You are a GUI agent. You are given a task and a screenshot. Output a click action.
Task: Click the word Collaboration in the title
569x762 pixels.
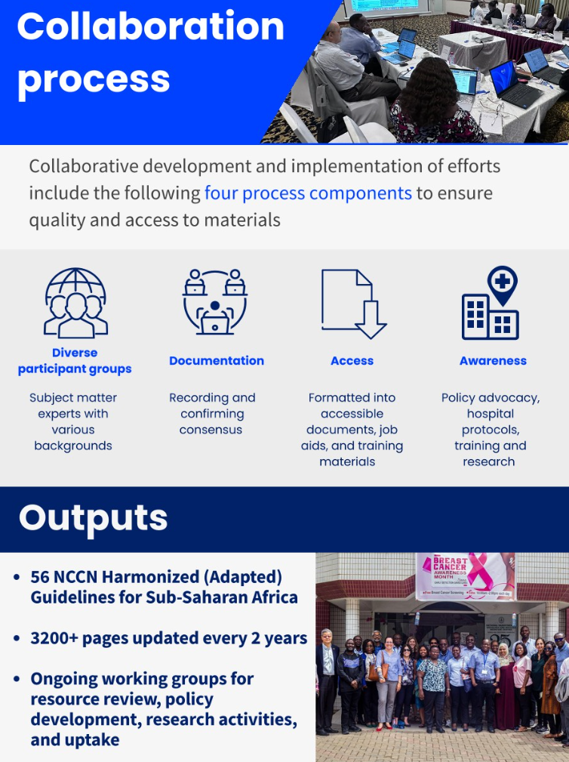coord(150,26)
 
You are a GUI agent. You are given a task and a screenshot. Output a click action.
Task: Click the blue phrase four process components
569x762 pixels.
coord(308,193)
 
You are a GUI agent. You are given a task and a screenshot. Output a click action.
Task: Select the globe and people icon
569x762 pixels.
coord(75,303)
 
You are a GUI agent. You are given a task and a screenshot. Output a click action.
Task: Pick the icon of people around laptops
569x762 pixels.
coord(215,301)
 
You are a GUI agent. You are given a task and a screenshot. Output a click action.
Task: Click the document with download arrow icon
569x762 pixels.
coord(353,304)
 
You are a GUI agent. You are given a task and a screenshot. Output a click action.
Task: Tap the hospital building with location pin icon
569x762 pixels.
coord(491,303)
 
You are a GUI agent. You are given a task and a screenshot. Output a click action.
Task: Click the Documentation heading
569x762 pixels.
coord(217,360)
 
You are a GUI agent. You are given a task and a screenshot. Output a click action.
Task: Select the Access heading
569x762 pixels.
coord(352,360)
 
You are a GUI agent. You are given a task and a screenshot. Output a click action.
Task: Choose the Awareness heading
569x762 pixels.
coord(493,360)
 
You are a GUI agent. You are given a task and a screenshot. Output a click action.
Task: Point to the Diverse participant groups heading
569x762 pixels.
coord(75,361)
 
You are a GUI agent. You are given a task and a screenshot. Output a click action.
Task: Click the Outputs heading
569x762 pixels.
coord(94,518)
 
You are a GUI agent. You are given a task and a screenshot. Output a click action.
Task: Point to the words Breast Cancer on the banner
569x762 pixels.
coord(450,563)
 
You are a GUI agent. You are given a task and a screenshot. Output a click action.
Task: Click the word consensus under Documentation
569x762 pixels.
coord(211,430)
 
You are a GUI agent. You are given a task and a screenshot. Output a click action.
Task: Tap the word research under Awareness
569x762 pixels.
coord(489,461)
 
